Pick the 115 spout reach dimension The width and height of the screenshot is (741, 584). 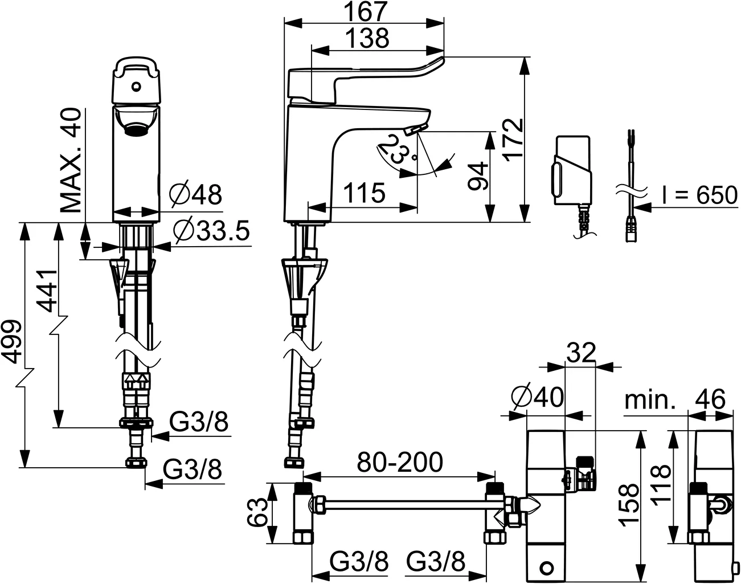click(364, 193)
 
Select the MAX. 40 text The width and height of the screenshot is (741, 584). click(71, 160)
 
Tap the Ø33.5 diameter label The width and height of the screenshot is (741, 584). click(211, 231)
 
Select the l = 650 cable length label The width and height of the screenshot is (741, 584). click(699, 195)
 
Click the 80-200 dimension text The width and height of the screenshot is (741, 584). click(399, 462)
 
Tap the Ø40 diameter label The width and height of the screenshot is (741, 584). click(537, 397)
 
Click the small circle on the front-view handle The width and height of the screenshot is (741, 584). click(136, 87)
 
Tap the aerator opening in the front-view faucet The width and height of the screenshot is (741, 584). click(136, 129)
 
